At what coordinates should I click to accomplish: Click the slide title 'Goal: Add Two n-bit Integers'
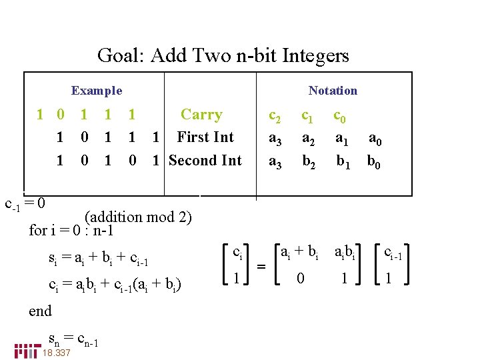coord(223,55)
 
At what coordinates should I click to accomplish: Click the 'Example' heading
coord(97,91)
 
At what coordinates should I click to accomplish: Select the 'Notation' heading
coord(333,91)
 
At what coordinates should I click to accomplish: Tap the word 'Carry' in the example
coord(201,115)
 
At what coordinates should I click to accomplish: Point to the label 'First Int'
coord(205,137)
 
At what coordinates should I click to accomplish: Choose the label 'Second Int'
coord(205,160)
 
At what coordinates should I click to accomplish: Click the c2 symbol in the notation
coord(275,116)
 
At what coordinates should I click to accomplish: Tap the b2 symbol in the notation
coord(309,162)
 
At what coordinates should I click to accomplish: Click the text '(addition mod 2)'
coord(138,217)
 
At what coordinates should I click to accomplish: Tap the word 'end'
coord(41,311)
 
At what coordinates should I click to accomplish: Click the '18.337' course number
coord(56,353)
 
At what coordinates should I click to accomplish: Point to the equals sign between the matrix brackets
coord(261,266)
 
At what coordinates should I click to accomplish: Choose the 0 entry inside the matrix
coord(301,278)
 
